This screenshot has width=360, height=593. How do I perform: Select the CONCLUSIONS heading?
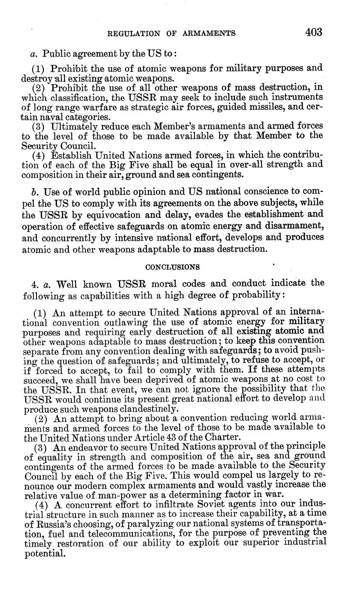(x=172, y=267)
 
